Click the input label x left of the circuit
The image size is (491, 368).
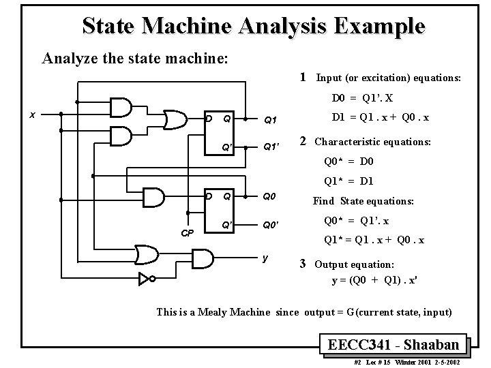(x=33, y=114)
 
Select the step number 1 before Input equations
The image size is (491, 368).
(x=303, y=77)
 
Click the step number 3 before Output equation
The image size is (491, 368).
(x=303, y=263)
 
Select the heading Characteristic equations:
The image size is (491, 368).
(x=372, y=142)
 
